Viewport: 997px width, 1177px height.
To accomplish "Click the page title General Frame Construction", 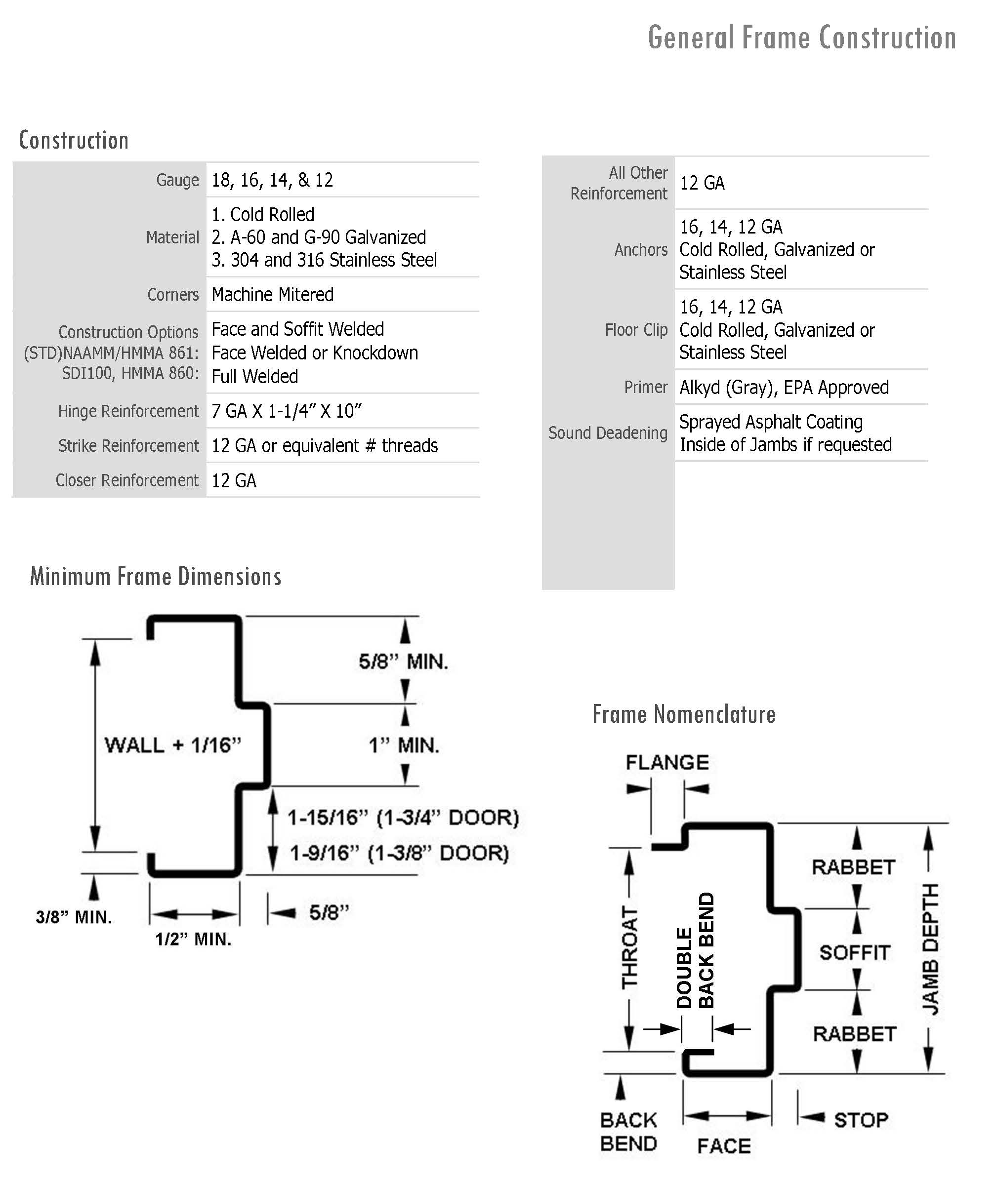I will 801,38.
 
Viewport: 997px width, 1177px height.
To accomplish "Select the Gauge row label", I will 177,180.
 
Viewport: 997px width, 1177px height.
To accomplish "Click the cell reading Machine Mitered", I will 272,294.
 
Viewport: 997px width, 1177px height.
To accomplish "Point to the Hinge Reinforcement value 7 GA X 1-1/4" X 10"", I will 286,411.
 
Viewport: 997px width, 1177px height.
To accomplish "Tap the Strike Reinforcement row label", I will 128,446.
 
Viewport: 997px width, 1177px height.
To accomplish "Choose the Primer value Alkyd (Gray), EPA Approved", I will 784,388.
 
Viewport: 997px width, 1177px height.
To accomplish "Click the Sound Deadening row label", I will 608,433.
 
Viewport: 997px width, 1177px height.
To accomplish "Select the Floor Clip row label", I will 636,330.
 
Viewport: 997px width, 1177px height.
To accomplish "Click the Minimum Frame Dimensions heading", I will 156,577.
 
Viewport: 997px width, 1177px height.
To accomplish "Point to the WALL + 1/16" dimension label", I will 172,745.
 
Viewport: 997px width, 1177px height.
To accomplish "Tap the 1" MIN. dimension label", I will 404,745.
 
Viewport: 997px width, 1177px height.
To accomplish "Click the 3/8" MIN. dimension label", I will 74,917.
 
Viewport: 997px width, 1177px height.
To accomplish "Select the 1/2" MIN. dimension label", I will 193,939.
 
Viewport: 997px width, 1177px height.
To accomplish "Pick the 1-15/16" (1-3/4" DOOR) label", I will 403,817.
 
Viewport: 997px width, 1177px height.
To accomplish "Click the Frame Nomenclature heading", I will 683,714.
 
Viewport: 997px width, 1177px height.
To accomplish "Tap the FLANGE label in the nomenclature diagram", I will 667,762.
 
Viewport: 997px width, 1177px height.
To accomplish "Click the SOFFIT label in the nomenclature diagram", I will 855,953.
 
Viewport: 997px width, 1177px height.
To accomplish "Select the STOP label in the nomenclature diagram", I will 861,1119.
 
